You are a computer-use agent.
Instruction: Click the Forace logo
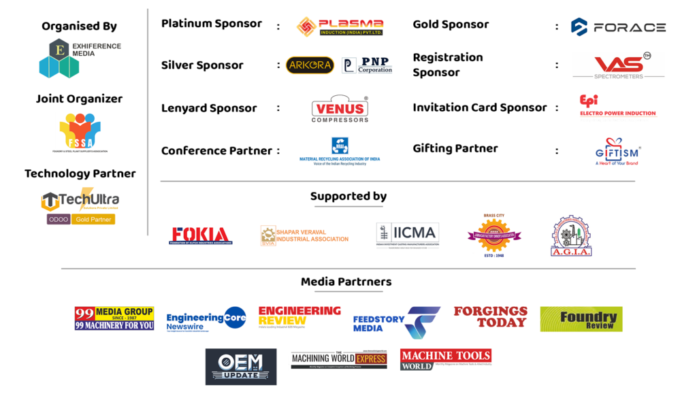pyautogui.click(x=618, y=27)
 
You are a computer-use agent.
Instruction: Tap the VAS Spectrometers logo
pyautogui.click(x=618, y=65)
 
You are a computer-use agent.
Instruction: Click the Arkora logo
pyautogui.click(x=310, y=65)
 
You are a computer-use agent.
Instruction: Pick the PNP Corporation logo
pyautogui.click(x=367, y=65)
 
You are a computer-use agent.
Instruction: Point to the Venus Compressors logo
pyautogui.click(x=340, y=108)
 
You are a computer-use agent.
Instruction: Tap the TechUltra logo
pyautogui.click(x=80, y=200)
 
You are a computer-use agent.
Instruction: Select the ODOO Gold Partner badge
pyautogui.click(x=80, y=220)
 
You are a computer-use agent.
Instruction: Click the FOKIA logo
pyautogui.click(x=201, y=235)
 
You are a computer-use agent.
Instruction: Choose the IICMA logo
pyautogui.click(x=408, y=235)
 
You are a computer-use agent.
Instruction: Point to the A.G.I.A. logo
pyautogui.click(x=571, y=235)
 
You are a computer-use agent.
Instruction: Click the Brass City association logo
pyautogui.click(x=493, y=235)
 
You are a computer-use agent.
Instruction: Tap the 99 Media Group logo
pyautogui.click(x=114, y=318)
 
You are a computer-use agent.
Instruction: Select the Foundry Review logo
pyautogui.click(x=581, y=319)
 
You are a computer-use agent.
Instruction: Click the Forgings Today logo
pyautogui.click(x=490, y=317)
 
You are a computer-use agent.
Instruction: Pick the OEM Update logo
pyautogui.click(x=241, y=367)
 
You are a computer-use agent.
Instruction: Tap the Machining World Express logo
pyautogui.click(x=338, y=360)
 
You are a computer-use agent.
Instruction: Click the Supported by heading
pyautogui.click(x=348, y=197)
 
